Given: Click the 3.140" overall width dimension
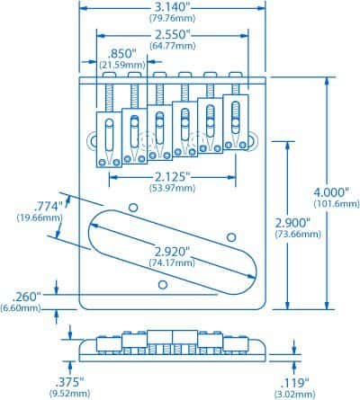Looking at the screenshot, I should click(170, 8).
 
